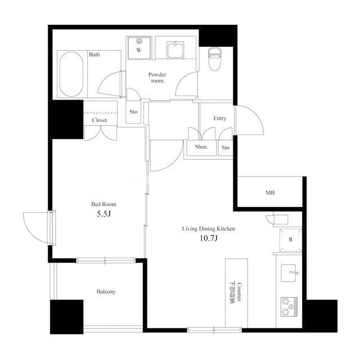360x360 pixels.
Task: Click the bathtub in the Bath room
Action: [x=71, y=74]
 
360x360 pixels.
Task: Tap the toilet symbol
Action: [x=215, y=59]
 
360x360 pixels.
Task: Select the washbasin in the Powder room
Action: [x=175, y=50]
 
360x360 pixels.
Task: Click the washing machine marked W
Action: [x=139, y=48]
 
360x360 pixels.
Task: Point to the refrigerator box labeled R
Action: [x=291, y=240]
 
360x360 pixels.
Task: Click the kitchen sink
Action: [x=289, y=273]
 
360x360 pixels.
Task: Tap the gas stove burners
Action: [x=289, y=307]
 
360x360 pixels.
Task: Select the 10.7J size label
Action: [x=209, y=238]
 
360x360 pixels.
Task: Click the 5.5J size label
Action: [x=103, y=214]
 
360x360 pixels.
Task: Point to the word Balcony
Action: [x=106, y=291]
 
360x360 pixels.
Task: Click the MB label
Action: [x=270, y=192]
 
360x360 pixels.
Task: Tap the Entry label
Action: [x=220, y=118]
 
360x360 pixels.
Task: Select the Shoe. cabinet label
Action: [x=201, y=147]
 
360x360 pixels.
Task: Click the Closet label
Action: [x=100, y=120]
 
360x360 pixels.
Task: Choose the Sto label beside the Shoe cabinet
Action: [x=226, y=147]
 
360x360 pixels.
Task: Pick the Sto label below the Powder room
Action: [x=133, y=112]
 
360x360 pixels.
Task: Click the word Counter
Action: [x=239, y=292]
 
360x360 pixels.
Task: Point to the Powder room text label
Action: [x=157, y=78]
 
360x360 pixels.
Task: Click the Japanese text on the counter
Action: [x=232, y=292]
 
